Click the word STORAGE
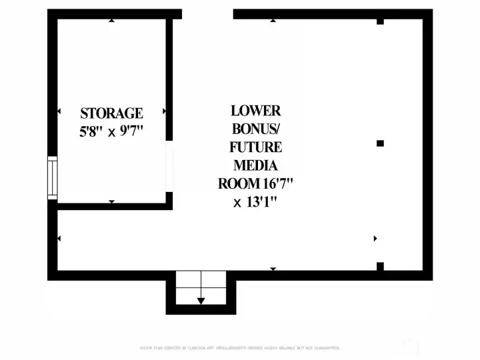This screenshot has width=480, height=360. click(111, 113)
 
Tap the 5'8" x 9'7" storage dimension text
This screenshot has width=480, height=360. click(111, 131)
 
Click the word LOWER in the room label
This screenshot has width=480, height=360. click(256, 111)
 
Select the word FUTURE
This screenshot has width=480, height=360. click(256, 147)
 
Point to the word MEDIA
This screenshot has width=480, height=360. click(256, 165)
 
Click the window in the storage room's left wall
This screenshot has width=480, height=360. click(52, 177)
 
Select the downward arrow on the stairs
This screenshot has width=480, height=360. click(201, 301)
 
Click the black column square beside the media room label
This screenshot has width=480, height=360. click(380, 143)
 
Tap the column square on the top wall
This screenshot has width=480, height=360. click(380, 21)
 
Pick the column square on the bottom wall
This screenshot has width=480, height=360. click(380, 267)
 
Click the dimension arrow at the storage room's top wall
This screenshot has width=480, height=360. click(111, 21)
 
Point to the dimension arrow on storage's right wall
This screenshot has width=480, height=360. click(164, 111)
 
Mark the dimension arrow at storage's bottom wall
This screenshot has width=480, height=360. click(111, 201)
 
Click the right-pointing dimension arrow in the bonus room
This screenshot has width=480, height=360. click(375, 238)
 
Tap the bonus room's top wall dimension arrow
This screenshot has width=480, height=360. click(273, 21)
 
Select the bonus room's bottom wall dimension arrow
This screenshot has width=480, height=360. click(273, 269)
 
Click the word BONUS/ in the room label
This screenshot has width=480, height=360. click(256, 129)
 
